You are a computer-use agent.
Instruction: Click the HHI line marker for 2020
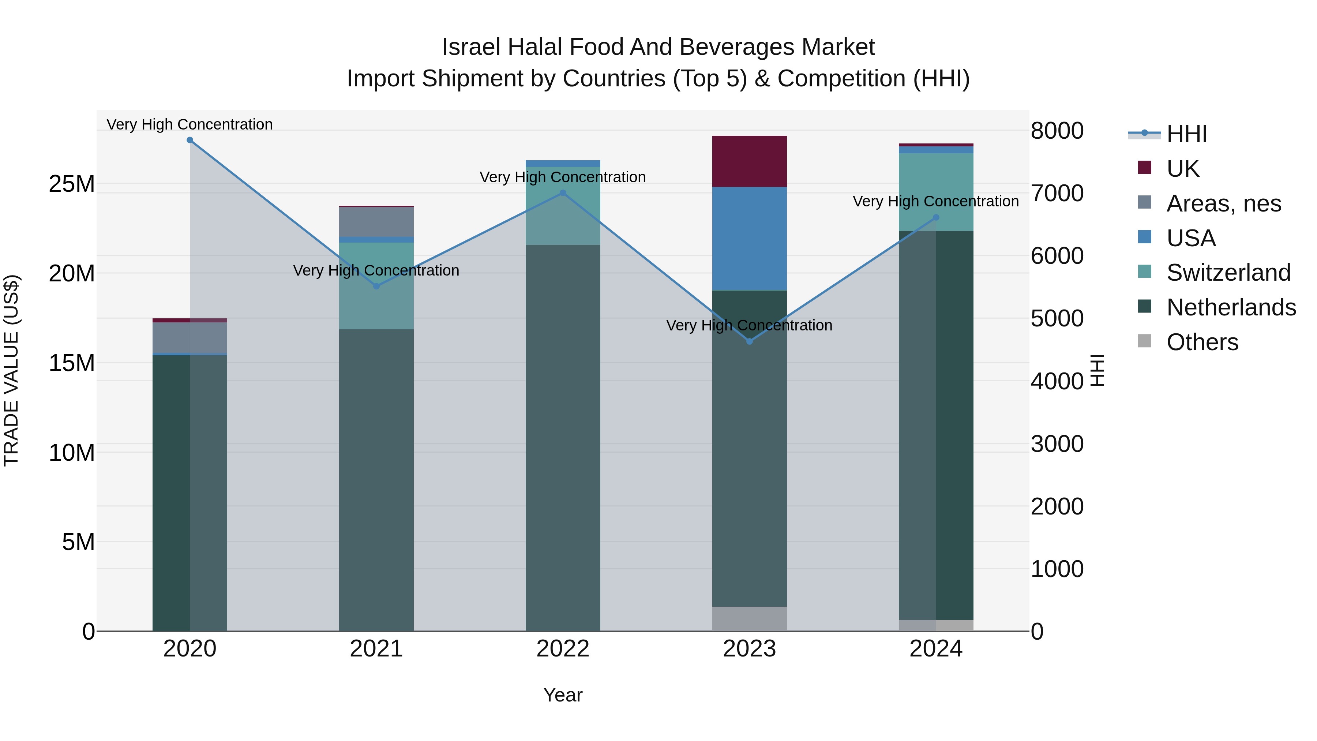click(190, 140)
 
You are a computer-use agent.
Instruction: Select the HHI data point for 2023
click(750, 341)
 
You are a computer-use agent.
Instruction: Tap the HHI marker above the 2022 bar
click(563, 193)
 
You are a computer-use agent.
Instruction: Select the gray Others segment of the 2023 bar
click(750, 619)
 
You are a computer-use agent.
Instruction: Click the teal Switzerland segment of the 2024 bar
click(936, 192)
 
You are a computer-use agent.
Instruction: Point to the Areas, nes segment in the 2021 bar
click(376, 222)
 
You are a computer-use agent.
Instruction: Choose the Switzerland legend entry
click(1228, 273)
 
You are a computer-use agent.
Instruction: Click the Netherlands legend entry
click(1231, 307)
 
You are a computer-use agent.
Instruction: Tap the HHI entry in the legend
click(1186, 134)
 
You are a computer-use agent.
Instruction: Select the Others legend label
click(1202, 342)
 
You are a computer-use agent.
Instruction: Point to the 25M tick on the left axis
click(72, 184)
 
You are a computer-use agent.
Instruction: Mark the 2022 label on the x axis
click(563, 649)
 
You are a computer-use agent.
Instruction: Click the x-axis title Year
click(563, 695)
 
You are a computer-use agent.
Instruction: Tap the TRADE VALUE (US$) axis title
click(11, 370)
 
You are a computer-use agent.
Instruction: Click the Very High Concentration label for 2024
click(935, 202)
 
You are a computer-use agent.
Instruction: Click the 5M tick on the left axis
click(78, 542)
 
